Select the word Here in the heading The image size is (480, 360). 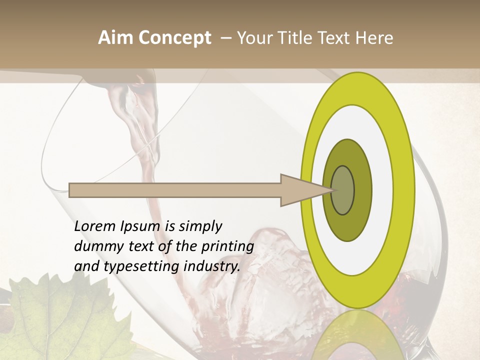pos(375,38)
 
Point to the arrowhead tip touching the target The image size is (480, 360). pos(331,190)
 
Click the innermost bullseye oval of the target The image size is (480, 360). pos(343,190)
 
